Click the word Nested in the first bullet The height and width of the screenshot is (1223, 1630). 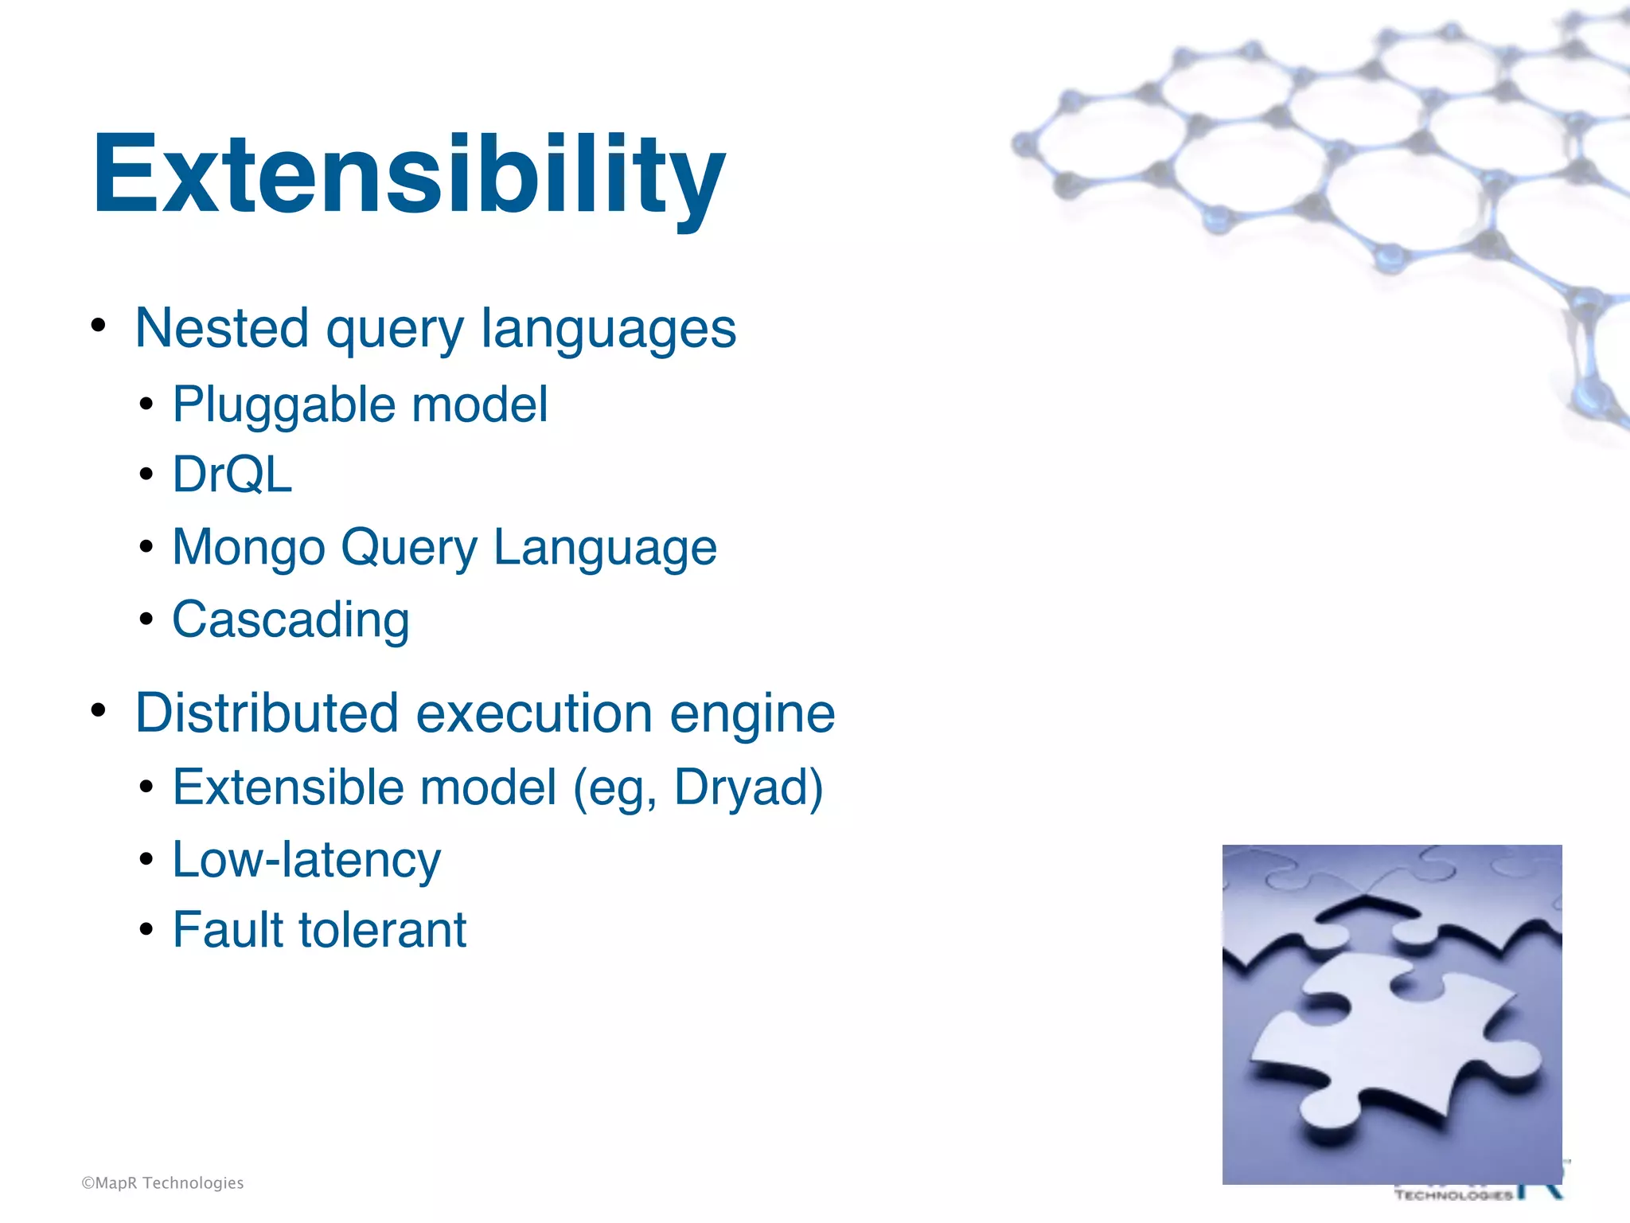point(222,328)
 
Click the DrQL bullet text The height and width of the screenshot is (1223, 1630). point(232,475)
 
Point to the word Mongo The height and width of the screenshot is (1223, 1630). point(249,548)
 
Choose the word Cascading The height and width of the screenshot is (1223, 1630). point(291,619)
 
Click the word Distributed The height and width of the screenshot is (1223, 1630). point(267,713)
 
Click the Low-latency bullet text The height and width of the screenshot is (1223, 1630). point(306,860)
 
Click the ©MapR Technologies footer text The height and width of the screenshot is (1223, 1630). point(162,1183)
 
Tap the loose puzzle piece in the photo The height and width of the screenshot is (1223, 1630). point(1401,1051)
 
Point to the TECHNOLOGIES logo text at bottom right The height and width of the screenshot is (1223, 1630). point(1453,1195)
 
